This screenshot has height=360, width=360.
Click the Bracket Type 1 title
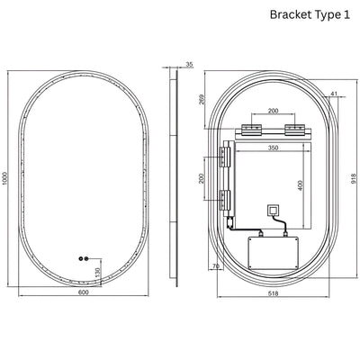pyautogui.click(x=310, y=14)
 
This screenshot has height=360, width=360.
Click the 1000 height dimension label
pyautogui.click(x=4, y=178)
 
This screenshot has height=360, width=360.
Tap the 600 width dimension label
pyautogui.click(x=83, y=292)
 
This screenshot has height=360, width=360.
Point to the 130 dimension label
pyautogui.click(x=97, y=273)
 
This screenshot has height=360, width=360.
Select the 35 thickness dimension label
pyautogui.click(x=189, y=64)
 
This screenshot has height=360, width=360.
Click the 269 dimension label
pyautogui.click(x=202, y=100)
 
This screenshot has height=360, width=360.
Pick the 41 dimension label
pyautogui.click(x=334, y=94)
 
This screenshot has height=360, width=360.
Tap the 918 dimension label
pyautogui.click(x=354, y=178)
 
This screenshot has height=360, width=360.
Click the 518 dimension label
pyautogui.click(x=274, y=293)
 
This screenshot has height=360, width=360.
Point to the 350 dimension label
pyautogui.click(x=273, y=148)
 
